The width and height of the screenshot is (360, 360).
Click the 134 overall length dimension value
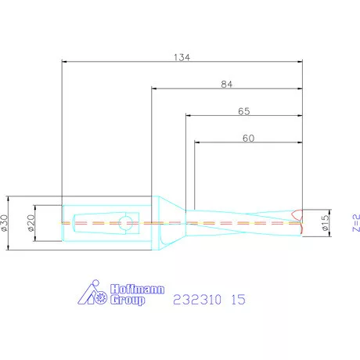point(182,57)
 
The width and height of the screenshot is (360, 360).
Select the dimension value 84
point(227,85)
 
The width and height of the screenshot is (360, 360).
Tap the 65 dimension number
point(244,111)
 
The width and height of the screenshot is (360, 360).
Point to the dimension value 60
point(248,138)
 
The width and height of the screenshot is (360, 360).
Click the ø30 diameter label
point(5,223)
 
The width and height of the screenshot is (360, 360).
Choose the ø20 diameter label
point(31,223)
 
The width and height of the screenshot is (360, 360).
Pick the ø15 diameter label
point(326,223)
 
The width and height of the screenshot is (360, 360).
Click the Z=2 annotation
point(356,223)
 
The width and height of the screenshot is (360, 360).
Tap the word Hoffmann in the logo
point(137,289)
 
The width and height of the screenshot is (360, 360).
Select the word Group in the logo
point(128,300)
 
